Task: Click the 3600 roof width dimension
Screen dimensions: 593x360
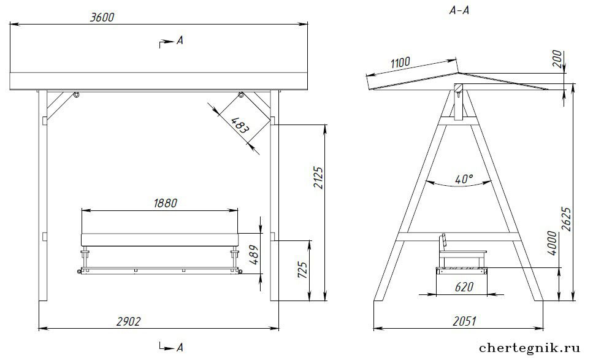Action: coord(102,17)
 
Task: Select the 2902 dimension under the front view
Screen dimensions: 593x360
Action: coord(128,321)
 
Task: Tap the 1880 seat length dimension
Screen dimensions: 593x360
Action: coord(166,203)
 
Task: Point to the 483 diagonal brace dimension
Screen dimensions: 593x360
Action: coord(240,125)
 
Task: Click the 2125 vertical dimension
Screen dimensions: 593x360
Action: coord(318,178)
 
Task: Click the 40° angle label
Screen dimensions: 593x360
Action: coord(464,179)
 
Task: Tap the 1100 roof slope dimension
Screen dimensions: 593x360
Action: coord(400,63)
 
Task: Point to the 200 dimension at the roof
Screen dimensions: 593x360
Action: coord(557,59)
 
